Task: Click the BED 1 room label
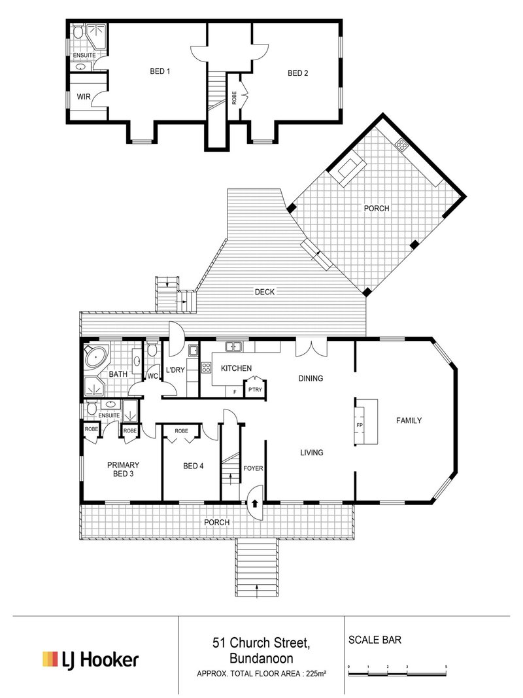(160, 72)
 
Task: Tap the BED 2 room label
(297, 73)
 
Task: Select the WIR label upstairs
(84, 97)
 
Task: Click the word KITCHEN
(236, 369)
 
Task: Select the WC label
(152, 376)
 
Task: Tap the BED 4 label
(193, 466)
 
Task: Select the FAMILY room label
(409, 421)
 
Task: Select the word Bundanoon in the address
(261, 659)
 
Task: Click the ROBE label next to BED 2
(234, 98)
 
